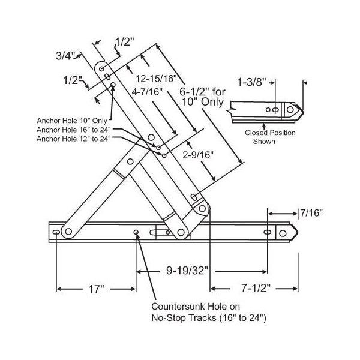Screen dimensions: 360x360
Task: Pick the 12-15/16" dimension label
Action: [x=156, y=79]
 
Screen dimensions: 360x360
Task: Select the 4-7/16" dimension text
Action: [x=148, y=91]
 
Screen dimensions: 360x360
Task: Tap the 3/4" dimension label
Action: [x=65, y=56]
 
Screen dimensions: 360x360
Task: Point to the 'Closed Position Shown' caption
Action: [x=260, y=137]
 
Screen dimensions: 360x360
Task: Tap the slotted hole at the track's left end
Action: [x=56, y=232]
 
